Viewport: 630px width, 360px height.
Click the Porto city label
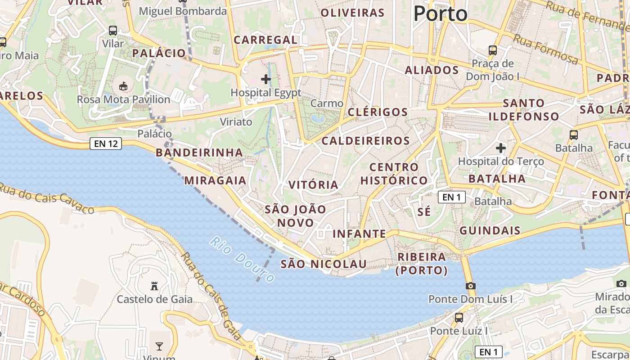440,13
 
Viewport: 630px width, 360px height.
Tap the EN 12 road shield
106,144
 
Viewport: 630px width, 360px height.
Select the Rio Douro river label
242,260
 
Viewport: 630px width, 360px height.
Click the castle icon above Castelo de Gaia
154,286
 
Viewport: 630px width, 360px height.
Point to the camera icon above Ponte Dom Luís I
470,286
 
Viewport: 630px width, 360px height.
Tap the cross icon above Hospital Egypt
266,80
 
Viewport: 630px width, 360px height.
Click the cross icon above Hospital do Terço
501,148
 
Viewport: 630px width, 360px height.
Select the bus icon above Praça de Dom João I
493,50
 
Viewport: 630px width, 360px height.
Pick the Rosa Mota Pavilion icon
123,85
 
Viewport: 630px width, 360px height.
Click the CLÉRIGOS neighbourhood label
378,112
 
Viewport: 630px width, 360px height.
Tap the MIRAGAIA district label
215,180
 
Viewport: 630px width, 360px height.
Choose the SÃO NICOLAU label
324,264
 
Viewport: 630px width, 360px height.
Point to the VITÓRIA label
313,184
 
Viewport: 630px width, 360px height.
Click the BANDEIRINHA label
199,153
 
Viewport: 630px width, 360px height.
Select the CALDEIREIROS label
365,141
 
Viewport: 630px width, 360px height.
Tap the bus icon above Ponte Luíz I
459,317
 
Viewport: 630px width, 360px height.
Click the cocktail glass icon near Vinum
159,346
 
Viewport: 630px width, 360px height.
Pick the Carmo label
327,103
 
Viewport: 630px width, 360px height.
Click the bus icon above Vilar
113,31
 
